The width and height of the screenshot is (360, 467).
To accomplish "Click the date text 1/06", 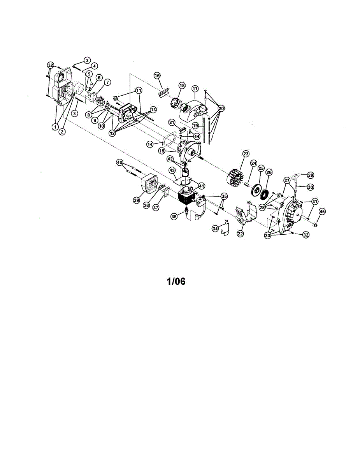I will (x=176, y=281).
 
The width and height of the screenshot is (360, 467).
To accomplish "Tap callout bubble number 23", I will (x=246, y=154).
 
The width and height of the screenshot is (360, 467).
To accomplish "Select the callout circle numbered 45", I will (x=322, y=211).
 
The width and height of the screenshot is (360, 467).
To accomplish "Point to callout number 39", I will (x=136, y=200).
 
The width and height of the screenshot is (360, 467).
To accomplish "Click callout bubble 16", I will (x=157, y=75).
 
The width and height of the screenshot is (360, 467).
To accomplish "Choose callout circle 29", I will (x=310, y=175).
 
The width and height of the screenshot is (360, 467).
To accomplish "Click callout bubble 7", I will (x=107, y=82).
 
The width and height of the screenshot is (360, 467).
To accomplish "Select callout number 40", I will (x=119, y=162).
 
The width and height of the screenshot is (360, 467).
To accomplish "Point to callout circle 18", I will (x=182, y=85).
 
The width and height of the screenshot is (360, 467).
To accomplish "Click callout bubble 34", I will (x=215, y=228).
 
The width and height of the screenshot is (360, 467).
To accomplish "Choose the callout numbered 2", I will (x=62, y=132).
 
